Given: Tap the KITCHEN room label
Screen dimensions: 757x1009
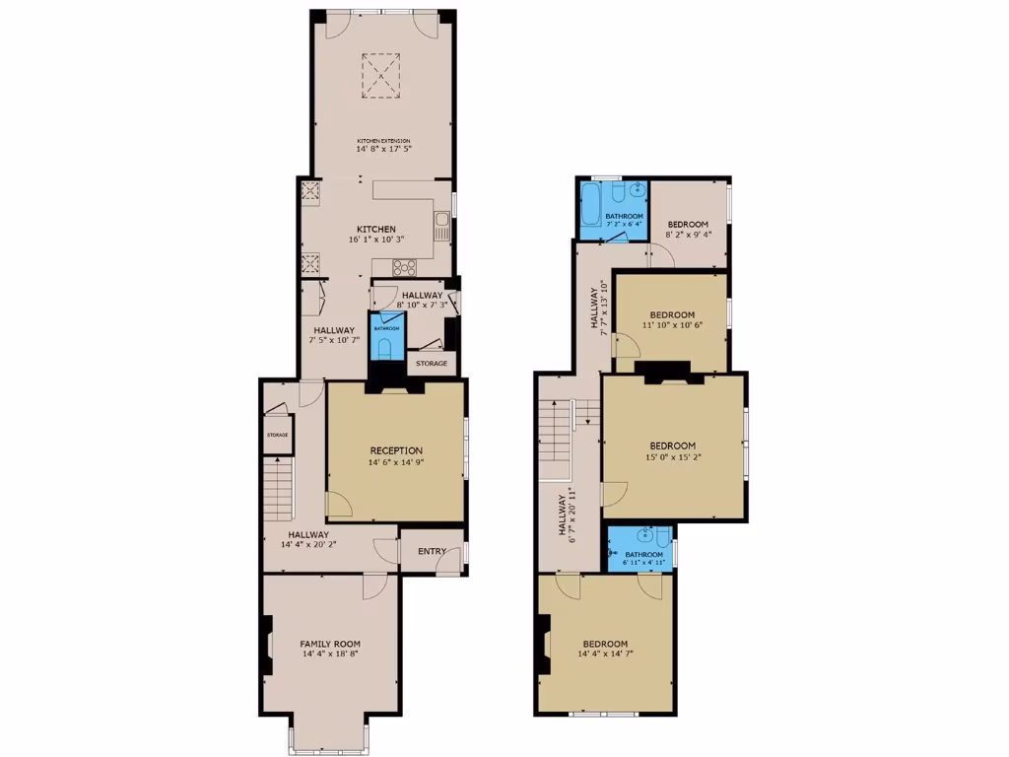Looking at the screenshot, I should (376, 229).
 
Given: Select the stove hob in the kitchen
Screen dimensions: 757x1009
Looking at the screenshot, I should (404, 265).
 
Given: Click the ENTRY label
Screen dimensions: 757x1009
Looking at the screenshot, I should (432, 551).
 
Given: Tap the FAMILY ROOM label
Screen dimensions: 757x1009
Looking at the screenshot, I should (330, 644).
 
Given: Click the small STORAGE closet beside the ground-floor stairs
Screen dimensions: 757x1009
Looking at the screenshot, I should (278, 435).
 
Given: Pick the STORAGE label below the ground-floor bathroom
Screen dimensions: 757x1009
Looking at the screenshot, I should (432, 364).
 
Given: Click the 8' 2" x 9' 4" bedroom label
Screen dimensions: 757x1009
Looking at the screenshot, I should (688, 225).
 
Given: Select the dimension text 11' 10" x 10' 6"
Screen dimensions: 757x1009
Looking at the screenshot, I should (672, 325).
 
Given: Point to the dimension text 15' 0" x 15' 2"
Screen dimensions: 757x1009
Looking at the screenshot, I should (672, 456).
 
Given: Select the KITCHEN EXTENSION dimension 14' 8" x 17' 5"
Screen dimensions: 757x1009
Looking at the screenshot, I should (383, 149).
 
